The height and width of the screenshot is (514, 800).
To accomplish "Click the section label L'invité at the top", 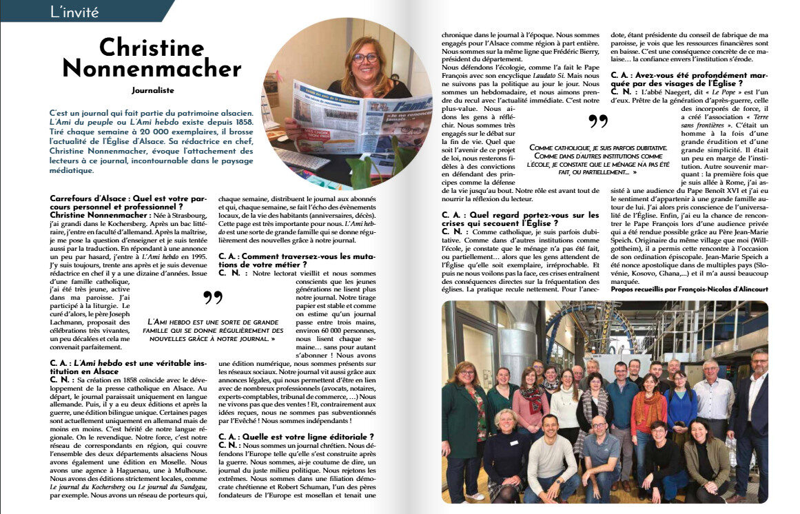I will pyautogui.click(x=75, y=12).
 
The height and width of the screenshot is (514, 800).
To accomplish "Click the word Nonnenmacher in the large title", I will pyautogui.click(x=152, y=68).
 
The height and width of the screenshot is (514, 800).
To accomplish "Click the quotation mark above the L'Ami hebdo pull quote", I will pyautogui.click(x=214, y=298).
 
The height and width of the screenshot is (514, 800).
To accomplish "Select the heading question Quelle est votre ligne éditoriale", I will pyautogui.click(x=296, y=436).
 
